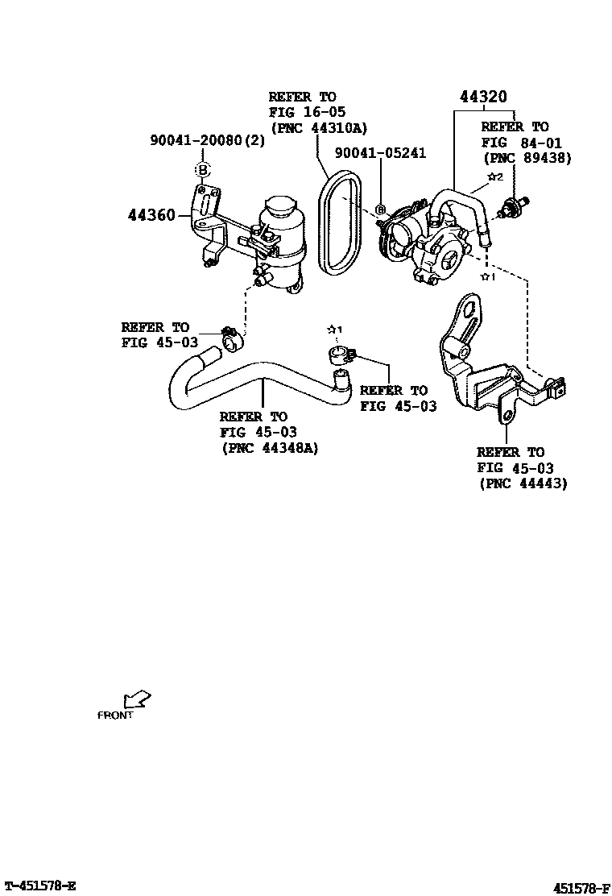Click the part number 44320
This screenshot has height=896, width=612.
point(483,97)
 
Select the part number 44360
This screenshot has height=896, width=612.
point(152,216)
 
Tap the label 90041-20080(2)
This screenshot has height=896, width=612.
point(207,140)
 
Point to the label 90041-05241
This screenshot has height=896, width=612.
point(380,153)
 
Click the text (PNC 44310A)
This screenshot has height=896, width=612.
point(319,127)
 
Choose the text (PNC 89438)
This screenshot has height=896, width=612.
point(526,158)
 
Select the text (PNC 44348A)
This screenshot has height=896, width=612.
point(270,448)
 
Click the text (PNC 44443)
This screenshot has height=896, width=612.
point(522,483)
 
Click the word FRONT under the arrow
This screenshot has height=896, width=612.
point(114,715)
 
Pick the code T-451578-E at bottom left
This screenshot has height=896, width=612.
point(40,886)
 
